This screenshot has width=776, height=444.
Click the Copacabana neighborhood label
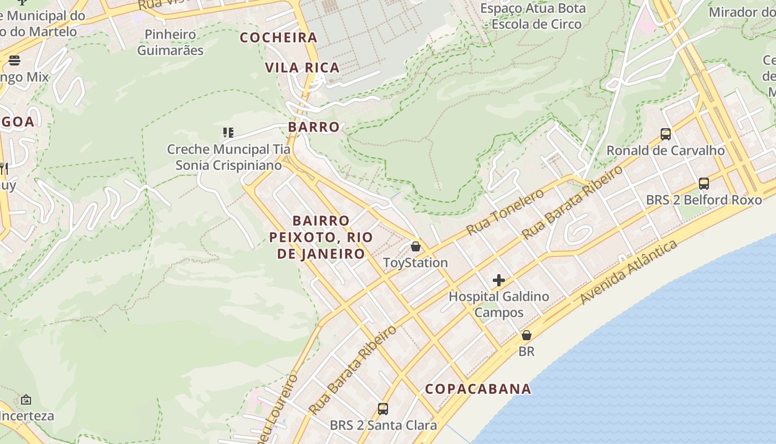pos(478,389)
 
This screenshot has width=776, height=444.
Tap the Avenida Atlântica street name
pos(629,273)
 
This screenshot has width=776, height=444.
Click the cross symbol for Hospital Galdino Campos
pos(499,280)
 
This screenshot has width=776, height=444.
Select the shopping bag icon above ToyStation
pos(416,246)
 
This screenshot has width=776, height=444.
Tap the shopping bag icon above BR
pos(527,335)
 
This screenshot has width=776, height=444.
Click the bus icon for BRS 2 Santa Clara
pos(383,409)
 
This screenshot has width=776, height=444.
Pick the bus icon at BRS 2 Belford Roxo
pos(704,183)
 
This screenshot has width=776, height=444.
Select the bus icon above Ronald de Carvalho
pos(666,134)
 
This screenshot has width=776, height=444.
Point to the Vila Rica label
pos(302,68)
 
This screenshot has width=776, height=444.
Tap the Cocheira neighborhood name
pos(279,38)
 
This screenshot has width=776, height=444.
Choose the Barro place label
pos(314,127)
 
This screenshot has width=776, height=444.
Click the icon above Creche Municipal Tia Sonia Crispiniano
pos(228,133)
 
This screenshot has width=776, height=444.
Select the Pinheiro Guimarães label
pos(170,42)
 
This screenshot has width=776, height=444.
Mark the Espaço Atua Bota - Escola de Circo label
pos(533,16)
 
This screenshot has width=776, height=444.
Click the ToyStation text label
pos(416,263)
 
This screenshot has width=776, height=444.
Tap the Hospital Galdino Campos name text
pos(499,304)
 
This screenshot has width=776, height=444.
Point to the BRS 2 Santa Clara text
pos(383,426)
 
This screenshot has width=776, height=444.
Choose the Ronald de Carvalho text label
pos(666,150)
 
